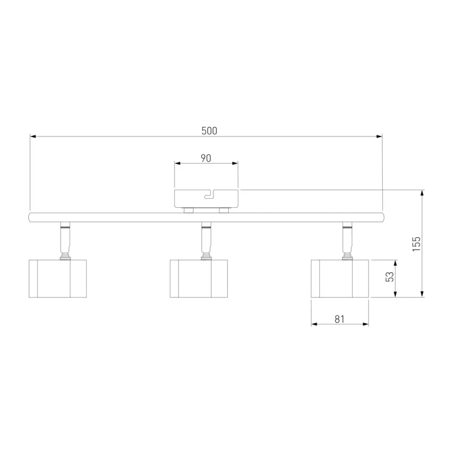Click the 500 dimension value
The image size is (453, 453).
(209, 131)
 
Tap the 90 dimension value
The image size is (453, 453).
(206, 159)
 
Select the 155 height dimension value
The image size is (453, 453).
(416, 244)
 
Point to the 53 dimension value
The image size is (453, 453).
(390, 277)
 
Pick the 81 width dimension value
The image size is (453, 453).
(340, 319)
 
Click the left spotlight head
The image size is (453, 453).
(58, 279)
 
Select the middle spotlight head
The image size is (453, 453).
(199, 279)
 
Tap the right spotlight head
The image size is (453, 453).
(340, 279)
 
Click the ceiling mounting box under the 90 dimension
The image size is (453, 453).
(206, 199)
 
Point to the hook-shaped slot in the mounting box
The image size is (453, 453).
(208, 195)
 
